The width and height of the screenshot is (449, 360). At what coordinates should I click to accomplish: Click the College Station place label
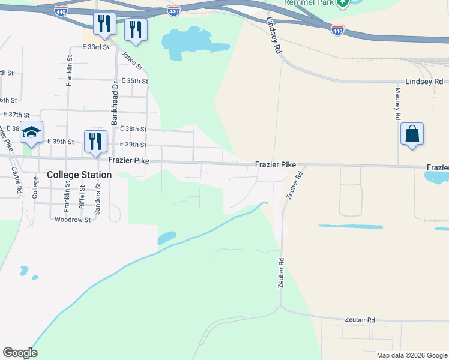click(x=79, y=175)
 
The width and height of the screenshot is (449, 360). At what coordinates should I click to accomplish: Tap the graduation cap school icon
click(x=32, y=133)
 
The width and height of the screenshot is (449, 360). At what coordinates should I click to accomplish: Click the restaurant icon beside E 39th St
click(x=95, y=142)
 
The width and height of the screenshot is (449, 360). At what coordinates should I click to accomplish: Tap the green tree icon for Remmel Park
click(x=343, y=3)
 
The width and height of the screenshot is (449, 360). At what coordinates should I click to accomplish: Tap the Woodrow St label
click(x=72, y=220)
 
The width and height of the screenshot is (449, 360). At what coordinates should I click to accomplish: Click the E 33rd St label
click(x=96, y=46)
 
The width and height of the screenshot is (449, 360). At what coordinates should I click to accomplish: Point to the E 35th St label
click(x=134, y=80)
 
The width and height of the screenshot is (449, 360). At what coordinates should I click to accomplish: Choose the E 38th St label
click(x=133, y=129)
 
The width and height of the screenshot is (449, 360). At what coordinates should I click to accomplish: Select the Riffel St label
click(x=82, y=197)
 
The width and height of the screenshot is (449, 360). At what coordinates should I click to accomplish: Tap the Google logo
click(x=20, y=353)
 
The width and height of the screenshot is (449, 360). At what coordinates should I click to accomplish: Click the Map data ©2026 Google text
click(x=411, y=355)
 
